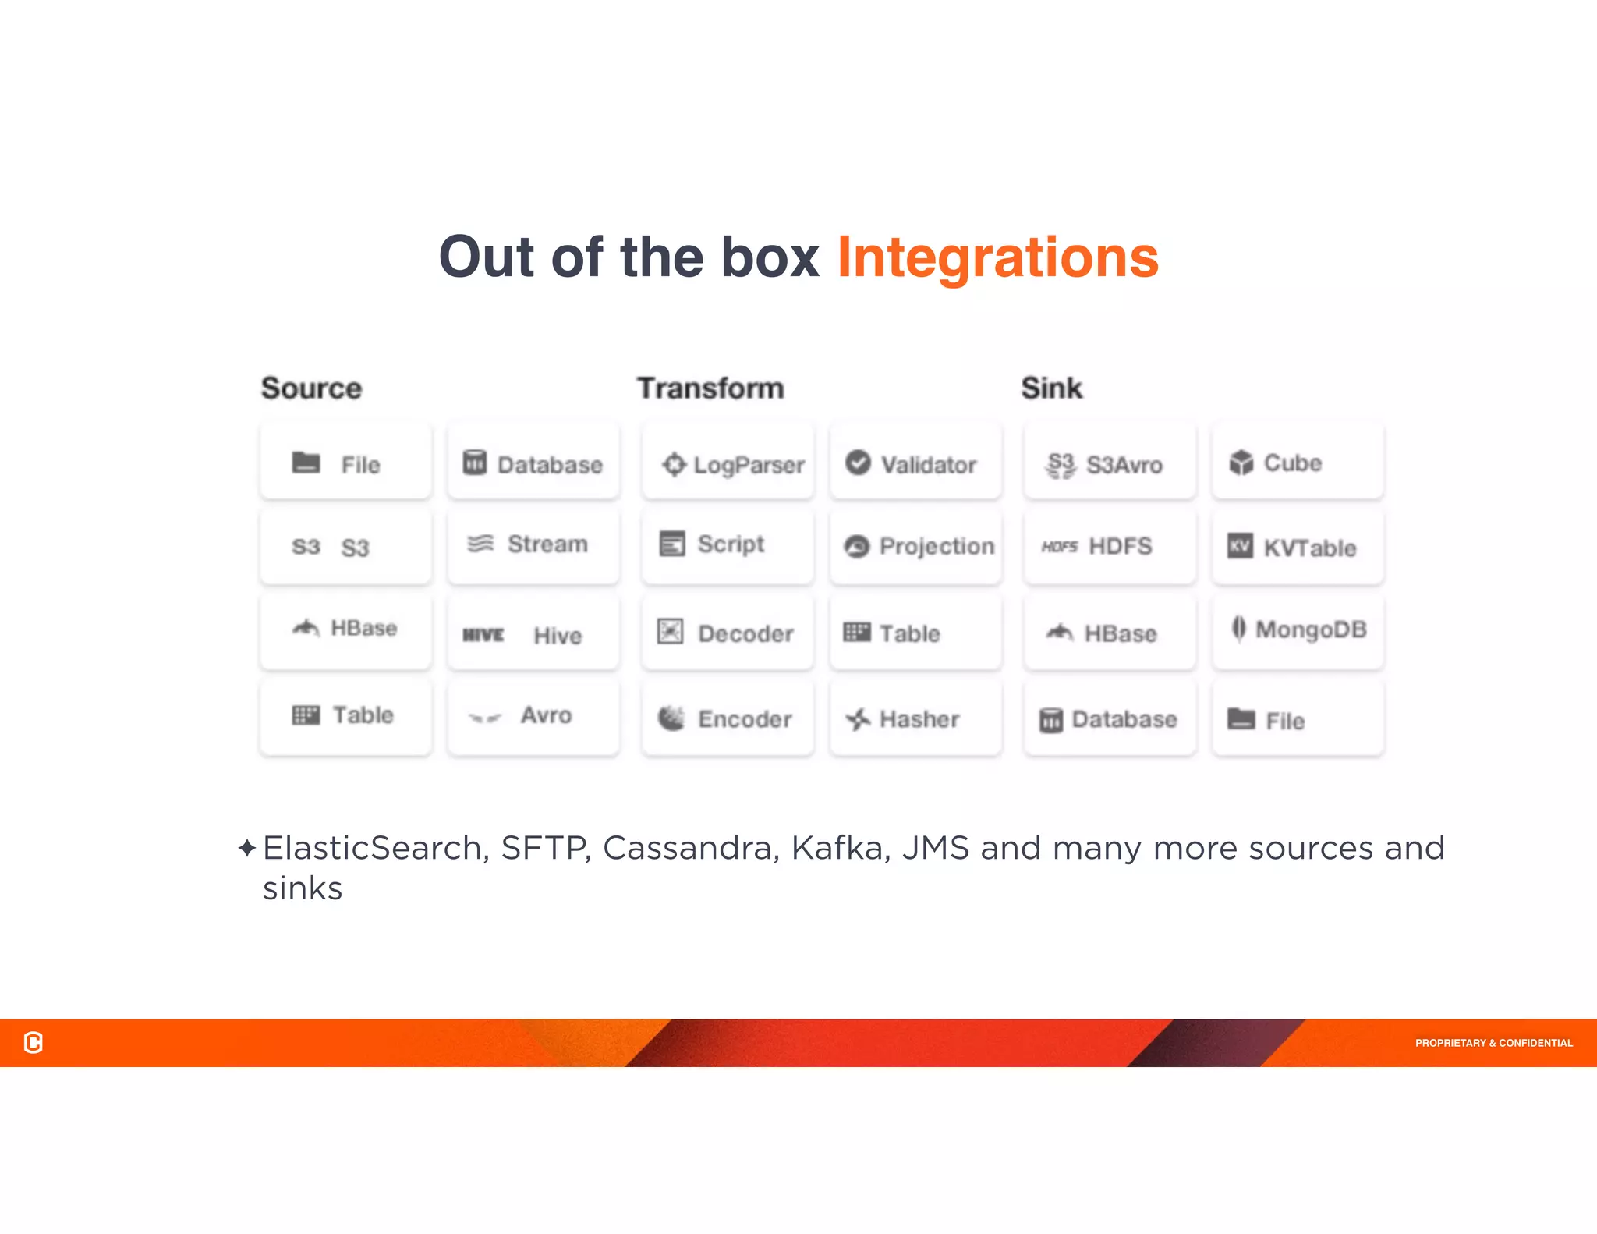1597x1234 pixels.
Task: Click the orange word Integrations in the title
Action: tap(997, 257)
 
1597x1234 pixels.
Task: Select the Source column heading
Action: tap(311, 388)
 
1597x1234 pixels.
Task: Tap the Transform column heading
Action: tap(710, 388)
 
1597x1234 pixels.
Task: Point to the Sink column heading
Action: tap(1051, 388)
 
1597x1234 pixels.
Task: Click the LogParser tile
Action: tap(728, 464)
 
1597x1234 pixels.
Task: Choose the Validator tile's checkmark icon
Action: tap(858, 463)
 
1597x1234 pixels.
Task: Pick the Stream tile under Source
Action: tap(533, 544)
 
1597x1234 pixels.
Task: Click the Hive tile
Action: tap(533, 634)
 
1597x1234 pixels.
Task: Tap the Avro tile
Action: tap(533, 715)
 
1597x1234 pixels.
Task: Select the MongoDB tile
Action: tap(1298, 629)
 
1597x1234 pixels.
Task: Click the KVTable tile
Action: tap(1298, 547)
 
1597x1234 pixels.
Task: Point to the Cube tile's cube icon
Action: tap(1241, 463)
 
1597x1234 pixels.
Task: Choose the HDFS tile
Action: tap(1110, 546)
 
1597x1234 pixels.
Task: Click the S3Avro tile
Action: tap(1110, 464)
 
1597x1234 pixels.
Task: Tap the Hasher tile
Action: tap(915, 718)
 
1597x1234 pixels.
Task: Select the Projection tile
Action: tap(915, 546)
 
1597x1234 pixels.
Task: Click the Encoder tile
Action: tap(728, 718)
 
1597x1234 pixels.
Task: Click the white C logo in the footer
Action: tap(34, 1042)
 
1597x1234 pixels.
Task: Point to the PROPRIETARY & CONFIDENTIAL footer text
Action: tap(1493, 1043)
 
